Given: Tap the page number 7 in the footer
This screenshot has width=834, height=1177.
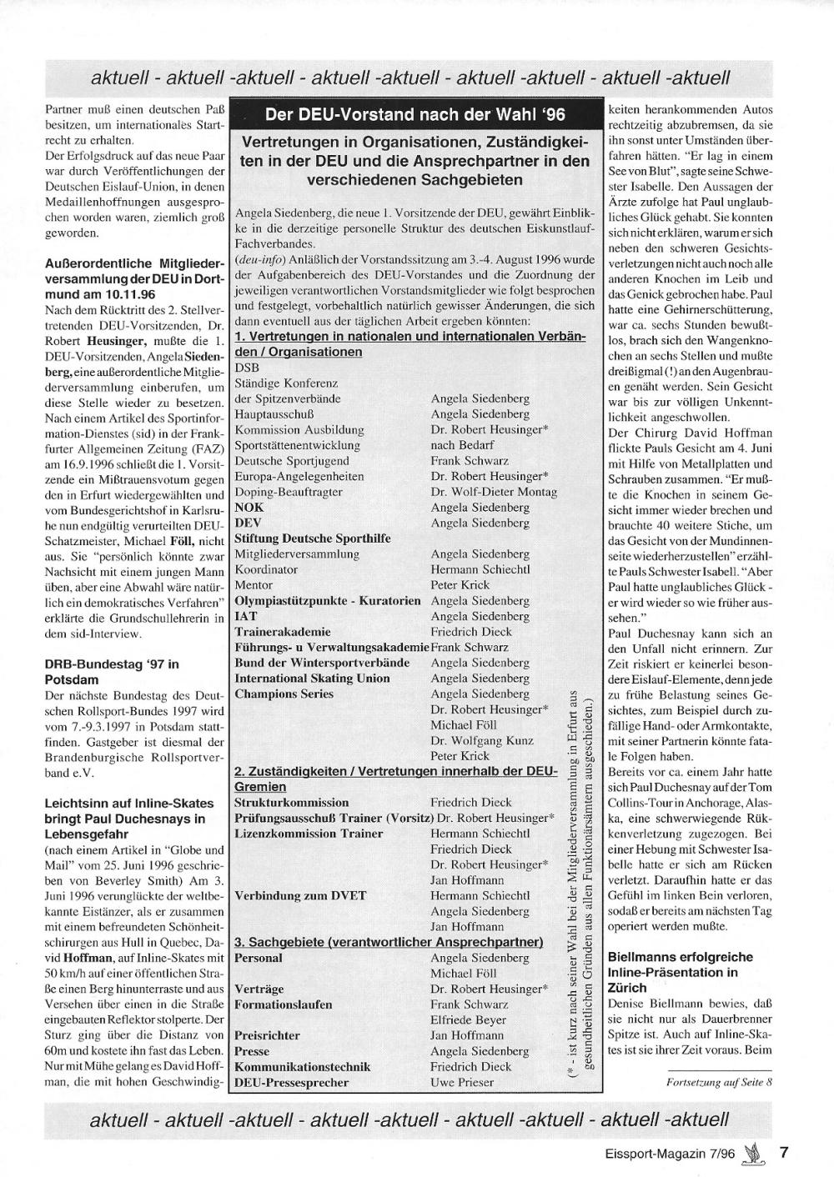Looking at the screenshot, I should [x=784, y=1154].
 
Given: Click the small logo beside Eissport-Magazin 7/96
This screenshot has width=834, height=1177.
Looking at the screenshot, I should [x=753, y=1154].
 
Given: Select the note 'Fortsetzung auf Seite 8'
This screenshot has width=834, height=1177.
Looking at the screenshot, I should [x=720, y=1082].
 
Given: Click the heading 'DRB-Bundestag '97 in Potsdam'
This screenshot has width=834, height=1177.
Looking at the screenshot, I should [x=112, y=672].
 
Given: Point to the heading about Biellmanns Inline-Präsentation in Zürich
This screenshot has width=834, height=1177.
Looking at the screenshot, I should [x=681, y=972].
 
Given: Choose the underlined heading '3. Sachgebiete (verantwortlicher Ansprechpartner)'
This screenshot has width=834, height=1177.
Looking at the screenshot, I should [x=389, y=942].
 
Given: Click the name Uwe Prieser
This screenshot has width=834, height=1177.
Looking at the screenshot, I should [x=462, y=1082].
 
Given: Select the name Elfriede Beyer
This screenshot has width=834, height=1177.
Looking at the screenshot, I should [x=468, y=1019].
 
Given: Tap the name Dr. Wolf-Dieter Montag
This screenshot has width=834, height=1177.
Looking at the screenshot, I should [x=493, y=492].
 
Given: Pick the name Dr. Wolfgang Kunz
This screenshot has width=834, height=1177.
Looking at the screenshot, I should [x=481, y=739].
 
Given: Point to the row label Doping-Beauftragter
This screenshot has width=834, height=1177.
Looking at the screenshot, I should [x=289, y=492].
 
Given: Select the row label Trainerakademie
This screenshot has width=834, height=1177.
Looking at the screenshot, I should [x=283, y=632].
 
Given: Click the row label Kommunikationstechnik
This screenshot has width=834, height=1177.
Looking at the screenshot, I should [x=303, y=1067].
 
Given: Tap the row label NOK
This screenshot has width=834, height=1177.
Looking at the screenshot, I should [x=249, y=507].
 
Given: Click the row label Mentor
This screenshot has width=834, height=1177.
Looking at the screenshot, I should [x=254, y=584].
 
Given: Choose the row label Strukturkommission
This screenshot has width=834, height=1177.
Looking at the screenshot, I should [x=291, y=802].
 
